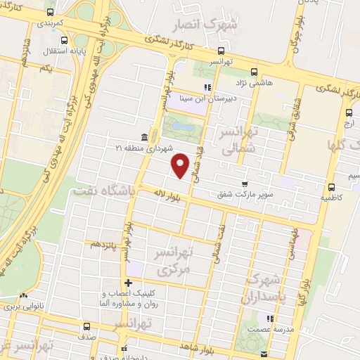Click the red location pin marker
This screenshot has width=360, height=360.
pyautogui.click(x=181, y=166)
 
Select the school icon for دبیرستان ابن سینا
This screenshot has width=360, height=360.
pyautogui.click(x=207, y=88)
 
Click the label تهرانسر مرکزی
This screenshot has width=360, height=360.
pyautogui.click(x=181, y=260)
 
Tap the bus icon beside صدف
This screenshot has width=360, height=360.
pyautogui.click(x=86, y=326)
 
